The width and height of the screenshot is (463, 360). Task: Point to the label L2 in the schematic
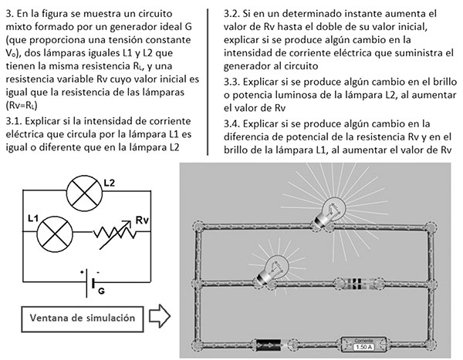(110, 182)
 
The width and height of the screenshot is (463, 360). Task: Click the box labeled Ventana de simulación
(76, 318)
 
